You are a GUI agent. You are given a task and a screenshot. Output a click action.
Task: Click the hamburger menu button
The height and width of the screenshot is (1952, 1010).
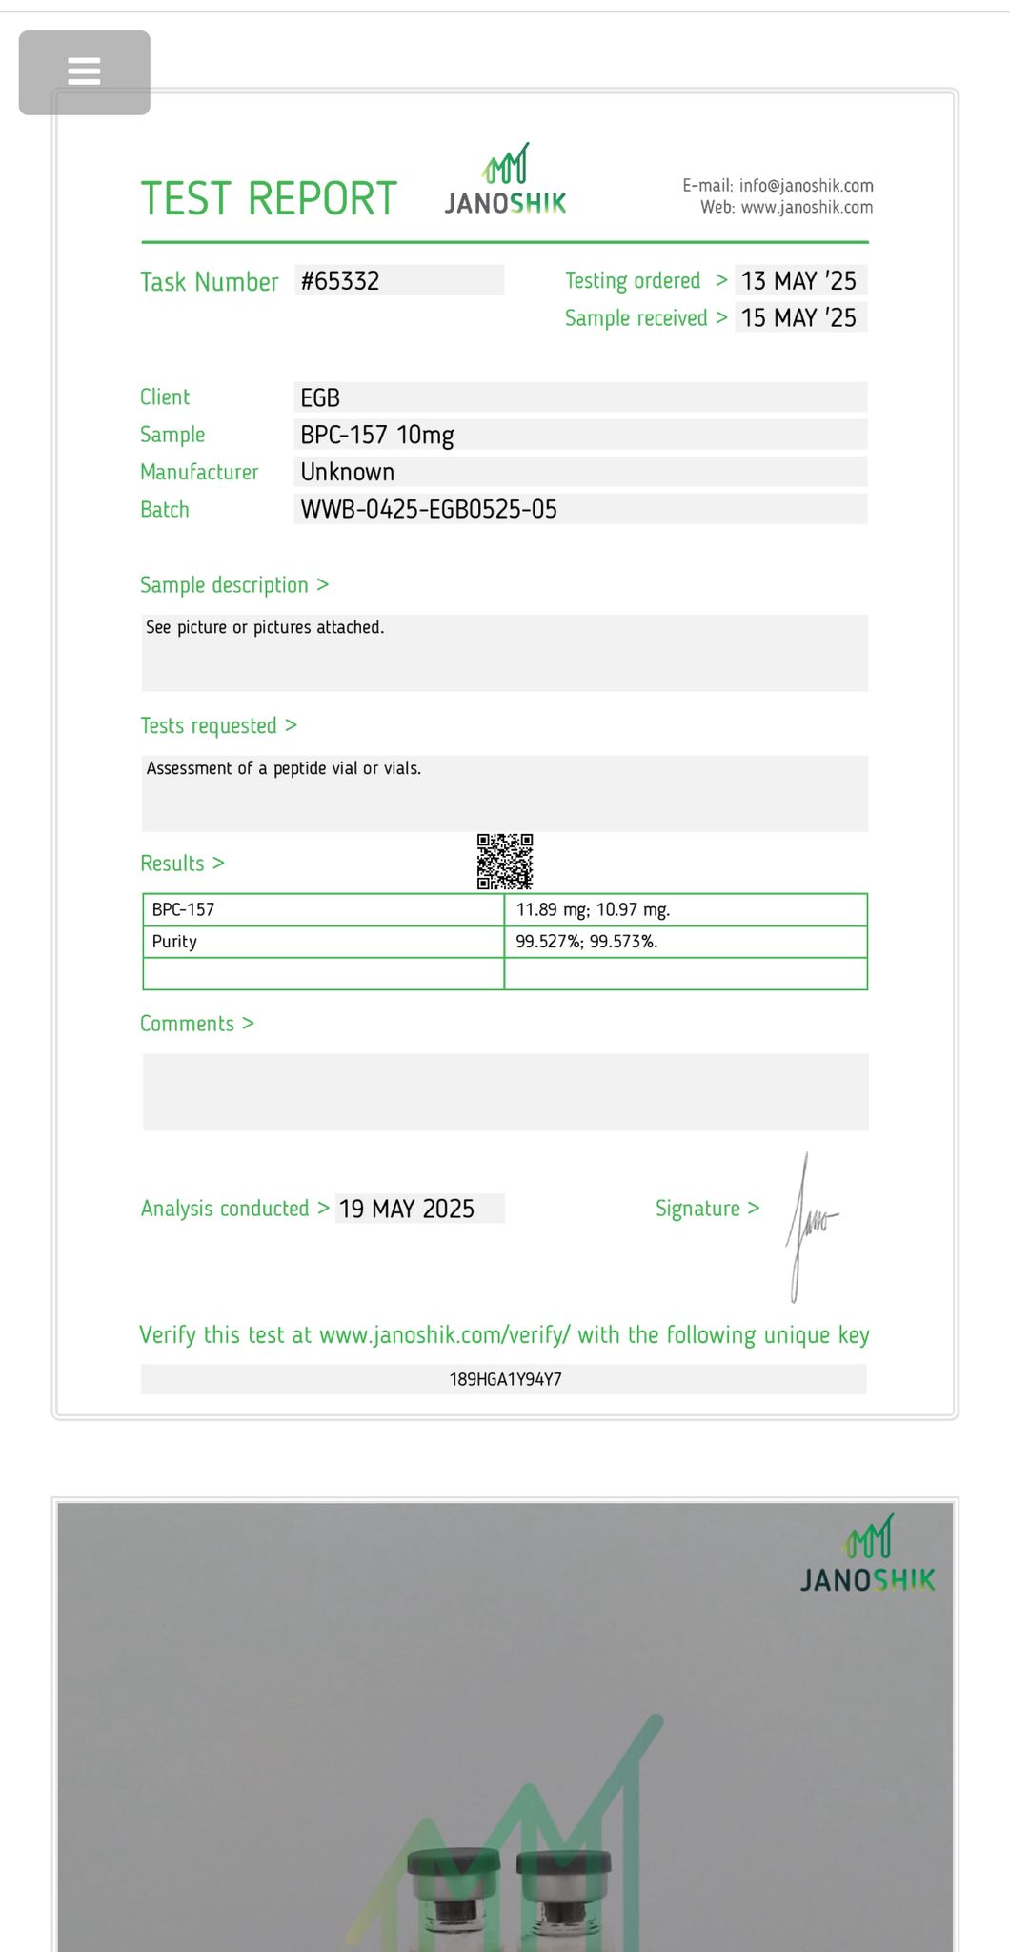pos(84,71)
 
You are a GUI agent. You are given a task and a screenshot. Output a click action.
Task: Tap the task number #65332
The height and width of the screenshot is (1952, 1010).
pos(340,281)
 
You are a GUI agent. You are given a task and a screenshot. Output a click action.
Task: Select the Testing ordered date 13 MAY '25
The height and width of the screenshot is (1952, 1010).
pos(798,281)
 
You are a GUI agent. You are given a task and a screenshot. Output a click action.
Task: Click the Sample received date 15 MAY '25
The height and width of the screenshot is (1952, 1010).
pos(798,318)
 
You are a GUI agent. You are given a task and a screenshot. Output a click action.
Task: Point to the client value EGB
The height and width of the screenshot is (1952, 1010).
pos(320,398)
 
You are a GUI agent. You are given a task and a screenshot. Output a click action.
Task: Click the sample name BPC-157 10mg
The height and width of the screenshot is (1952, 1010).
pos(377,436)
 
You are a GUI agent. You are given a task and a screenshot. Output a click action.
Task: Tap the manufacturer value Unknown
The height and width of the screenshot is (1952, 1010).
pos(347,473)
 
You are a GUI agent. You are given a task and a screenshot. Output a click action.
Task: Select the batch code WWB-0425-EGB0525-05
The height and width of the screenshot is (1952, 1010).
pos(429,510)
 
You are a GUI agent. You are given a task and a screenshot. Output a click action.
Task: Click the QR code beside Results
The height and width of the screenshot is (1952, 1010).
pos(505,862)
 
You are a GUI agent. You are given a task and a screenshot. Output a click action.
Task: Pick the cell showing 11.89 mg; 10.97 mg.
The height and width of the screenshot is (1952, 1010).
pos(593,910)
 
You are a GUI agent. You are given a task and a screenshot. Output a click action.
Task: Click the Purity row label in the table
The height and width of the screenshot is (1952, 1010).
pos(174,942)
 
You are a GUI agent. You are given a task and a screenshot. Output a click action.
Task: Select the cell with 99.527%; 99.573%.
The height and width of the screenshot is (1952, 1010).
pos(587,942)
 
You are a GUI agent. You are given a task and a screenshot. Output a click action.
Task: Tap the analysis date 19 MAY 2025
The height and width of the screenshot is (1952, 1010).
pos(407,1210)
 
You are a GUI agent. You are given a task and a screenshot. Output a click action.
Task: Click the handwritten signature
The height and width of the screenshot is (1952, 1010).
pos(809,1225)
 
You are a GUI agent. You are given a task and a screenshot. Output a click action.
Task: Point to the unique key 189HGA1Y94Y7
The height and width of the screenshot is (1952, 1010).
pos(505,1379)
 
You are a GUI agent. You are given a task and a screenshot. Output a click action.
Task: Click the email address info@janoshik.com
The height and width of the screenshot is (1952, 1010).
pos(806,186)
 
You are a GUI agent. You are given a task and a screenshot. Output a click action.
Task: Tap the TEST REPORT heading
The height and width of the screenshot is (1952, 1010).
pos(269,199)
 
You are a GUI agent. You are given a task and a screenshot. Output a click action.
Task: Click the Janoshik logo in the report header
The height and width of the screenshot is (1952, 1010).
pos(505,181)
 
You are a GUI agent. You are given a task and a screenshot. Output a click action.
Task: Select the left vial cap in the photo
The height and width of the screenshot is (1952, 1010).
pos(454,1862)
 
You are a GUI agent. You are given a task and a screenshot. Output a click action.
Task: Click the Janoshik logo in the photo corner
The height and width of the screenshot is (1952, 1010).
pos(868,1555)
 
